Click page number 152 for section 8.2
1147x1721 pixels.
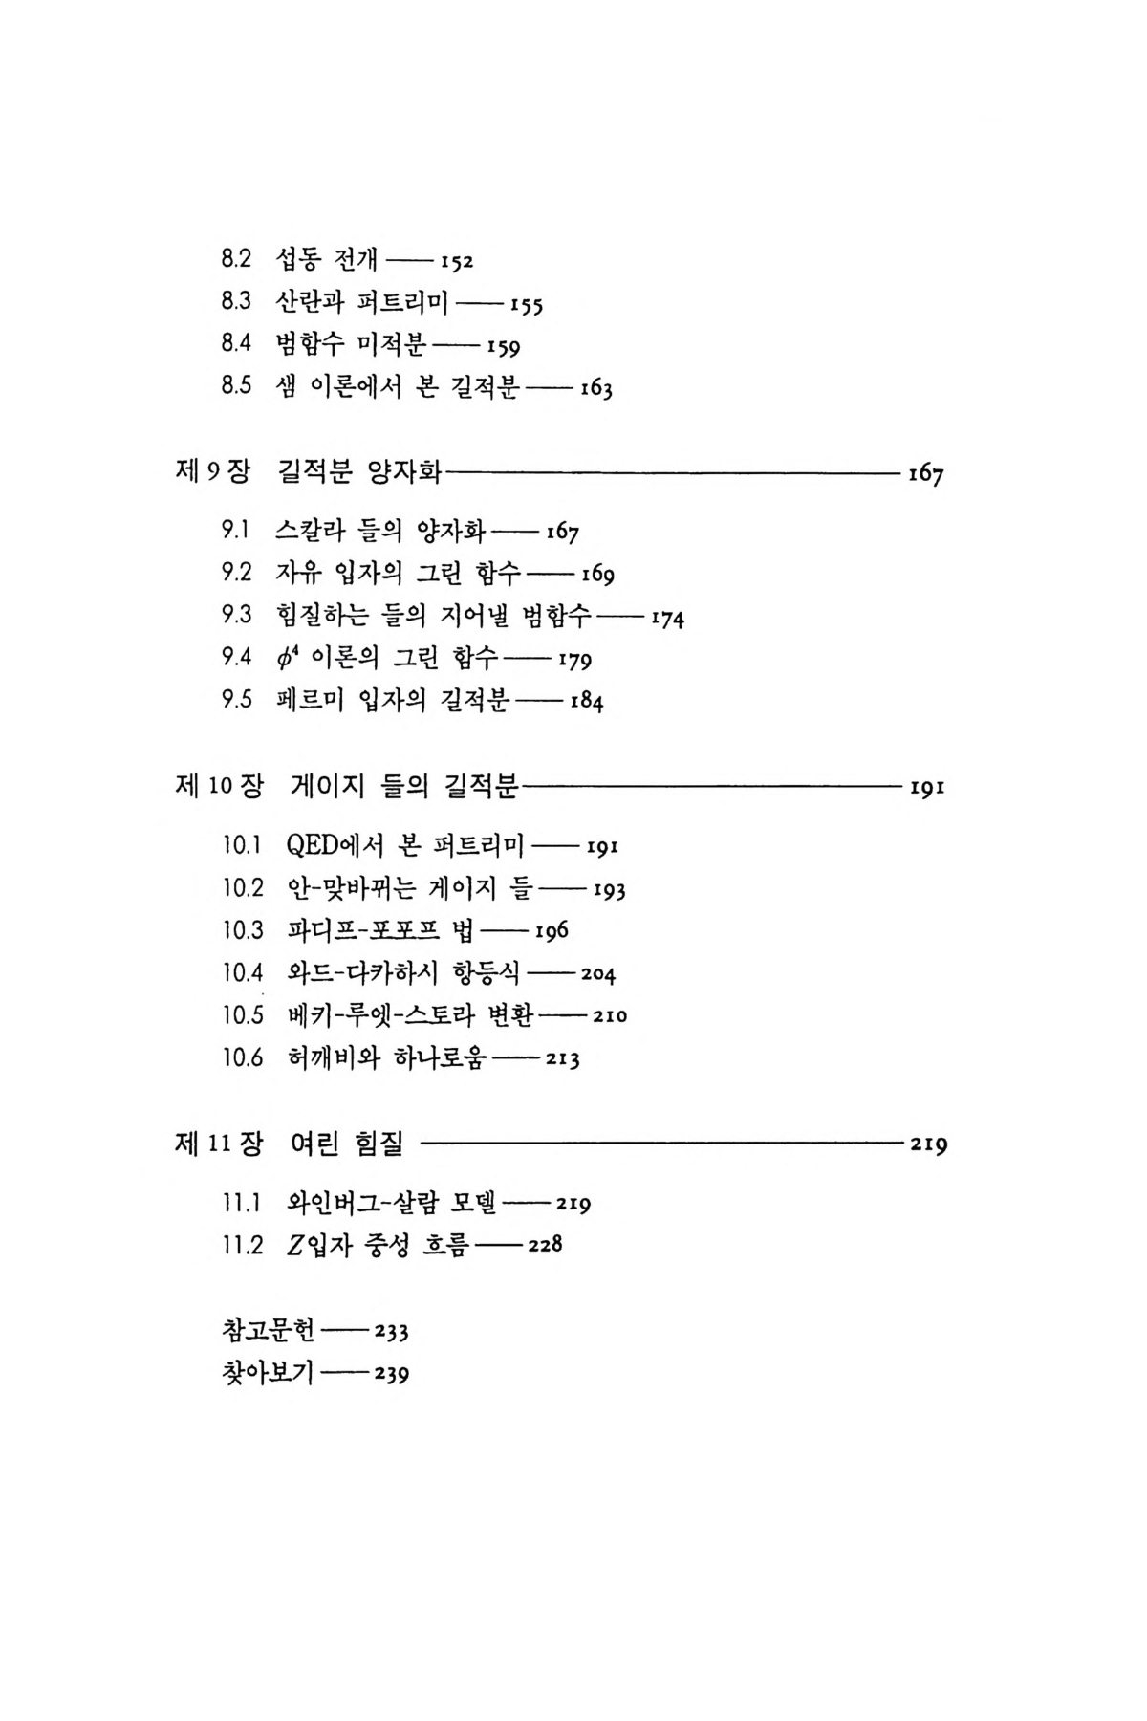[457, 262]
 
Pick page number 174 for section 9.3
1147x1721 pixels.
[667, 619]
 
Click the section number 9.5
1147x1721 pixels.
[236, 699]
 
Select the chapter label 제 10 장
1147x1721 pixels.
[219, 786]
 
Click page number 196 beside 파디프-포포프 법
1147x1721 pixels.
[552, 931]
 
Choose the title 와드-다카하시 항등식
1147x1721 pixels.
[403, 973]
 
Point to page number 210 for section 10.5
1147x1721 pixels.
[609, 1016]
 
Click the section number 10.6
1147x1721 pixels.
[243, 1058]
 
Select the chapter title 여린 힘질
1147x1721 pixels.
[346, 1144]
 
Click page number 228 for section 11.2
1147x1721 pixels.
[544, 1246]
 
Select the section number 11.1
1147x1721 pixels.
[243, 1203]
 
